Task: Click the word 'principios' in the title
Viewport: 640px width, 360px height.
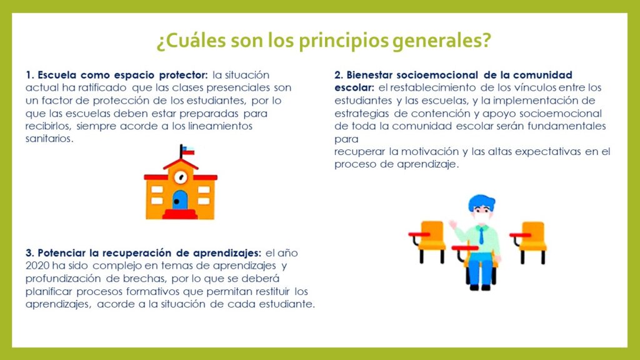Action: (x=343, y=41)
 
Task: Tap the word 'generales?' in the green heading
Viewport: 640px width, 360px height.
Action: (x=442, y=41)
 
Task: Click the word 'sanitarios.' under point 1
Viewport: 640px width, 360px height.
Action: (x=49, y=138)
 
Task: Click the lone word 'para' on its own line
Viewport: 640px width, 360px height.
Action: (x=346, y=139)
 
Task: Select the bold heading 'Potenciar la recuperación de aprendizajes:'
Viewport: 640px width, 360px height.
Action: (x=149, y=253)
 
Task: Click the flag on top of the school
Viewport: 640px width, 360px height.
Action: (x=187, y=151)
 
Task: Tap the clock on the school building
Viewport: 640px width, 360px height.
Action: (x=181, y=177)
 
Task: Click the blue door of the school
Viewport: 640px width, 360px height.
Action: (x=180, y=200)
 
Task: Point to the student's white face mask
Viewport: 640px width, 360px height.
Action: (x=482, y=217)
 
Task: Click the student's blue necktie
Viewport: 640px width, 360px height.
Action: (x=482, y=236)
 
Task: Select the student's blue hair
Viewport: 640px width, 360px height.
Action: (x=482, y=202)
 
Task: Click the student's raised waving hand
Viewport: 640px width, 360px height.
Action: (x=452, y=225)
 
